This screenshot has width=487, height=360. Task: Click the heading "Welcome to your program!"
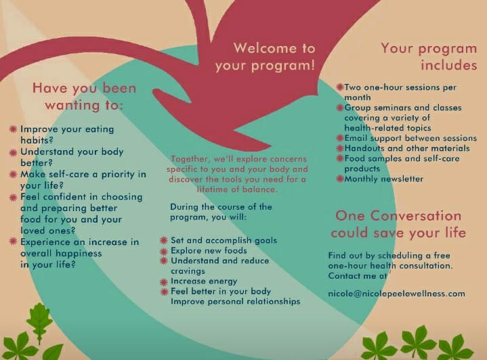tap(265, 57)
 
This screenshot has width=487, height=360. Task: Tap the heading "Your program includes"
tap(429, 57)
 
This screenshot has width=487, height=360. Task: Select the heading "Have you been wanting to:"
tap(84, 96)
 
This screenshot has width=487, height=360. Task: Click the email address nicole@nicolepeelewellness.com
tap(397, 294)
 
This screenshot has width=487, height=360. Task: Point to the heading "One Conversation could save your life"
tap(398, 224)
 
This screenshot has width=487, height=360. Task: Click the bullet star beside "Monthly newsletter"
tap(340, 179)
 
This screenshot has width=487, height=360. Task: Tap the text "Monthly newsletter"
tap(383, 179)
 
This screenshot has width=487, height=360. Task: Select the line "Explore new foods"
tap(209, 250)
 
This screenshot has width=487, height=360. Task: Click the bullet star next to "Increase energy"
tap(164, 282)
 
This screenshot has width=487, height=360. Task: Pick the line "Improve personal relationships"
tap(236, 301)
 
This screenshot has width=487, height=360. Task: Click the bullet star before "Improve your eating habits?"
tap(13, 129)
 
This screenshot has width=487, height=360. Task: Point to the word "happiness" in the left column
tap(78, 254)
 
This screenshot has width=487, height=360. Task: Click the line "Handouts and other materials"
tap(407, 148)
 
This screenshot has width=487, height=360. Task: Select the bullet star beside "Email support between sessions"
tap(340, 138)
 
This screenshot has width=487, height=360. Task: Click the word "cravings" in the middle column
tap(188, 271)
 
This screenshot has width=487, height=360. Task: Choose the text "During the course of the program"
tap(221, 212)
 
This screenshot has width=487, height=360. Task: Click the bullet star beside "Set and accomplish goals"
tap(164, 240)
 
